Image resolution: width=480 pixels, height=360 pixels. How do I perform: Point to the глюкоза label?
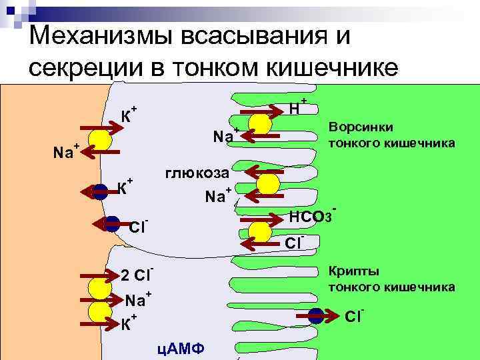tap(197, 173)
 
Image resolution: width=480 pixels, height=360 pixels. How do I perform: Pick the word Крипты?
tap(354, 271)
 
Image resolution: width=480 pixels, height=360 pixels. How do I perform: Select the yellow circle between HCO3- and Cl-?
tap(261, 228)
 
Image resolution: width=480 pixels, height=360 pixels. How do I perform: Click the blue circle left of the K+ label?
tap(101, 190)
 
